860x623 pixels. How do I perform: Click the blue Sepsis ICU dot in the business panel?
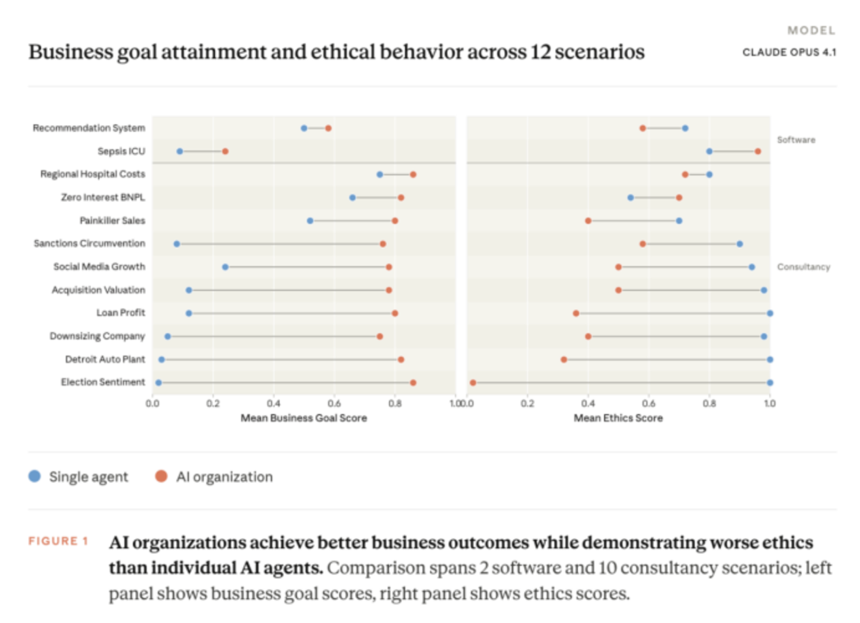coord(180,151)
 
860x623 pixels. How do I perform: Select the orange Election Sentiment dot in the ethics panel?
coord(473,383)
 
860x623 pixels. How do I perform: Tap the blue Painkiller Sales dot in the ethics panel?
coord(679,221)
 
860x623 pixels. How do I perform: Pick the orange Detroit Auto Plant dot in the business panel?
coord(401,359)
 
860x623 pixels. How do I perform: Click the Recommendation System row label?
coord(89,128)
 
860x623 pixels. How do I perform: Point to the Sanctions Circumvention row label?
coord(90,243)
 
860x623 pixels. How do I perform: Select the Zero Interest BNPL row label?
coord(103,197)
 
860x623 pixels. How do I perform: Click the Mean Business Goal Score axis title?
coord(304,418)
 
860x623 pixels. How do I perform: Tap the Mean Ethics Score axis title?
coord(618,418)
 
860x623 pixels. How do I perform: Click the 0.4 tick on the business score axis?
coord(273,404)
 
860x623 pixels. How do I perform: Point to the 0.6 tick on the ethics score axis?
coord(648,404)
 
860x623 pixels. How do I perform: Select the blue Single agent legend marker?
coord(35,477)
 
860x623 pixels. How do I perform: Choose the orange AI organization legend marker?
coord(161,477)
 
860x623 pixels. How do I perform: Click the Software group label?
coord(796,140)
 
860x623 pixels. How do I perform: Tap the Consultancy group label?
coord(804,267)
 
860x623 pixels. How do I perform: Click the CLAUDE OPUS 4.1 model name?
coord(789,52)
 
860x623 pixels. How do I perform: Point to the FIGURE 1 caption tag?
coord(59,541)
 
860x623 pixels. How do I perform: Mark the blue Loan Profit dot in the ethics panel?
coord(770,313)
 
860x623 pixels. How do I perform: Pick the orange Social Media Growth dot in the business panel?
coord(389,267)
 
